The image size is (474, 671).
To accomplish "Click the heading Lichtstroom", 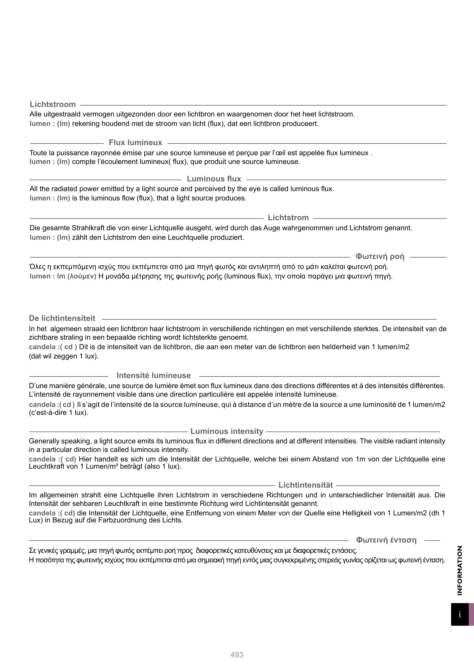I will (x=53, y=104).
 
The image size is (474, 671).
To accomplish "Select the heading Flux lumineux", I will (x=136, y=143).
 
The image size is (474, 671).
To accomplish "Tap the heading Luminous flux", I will (x=214, y=179).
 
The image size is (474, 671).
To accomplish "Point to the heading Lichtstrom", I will (x=288, y=218).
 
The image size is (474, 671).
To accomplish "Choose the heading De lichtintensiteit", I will (x=62, y=318).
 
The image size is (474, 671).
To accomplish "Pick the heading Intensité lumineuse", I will (x=154, y=376).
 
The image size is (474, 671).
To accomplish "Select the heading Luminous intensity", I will (x=227, y=431).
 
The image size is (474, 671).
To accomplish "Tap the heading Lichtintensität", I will (x=306, y=485).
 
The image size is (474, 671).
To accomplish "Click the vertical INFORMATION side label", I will (x=460, y=571).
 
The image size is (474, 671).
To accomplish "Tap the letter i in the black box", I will (x=460, y=615).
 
